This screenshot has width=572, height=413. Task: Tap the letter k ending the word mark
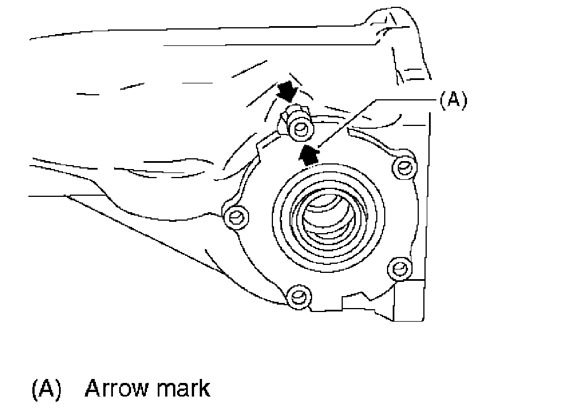pos(204,389)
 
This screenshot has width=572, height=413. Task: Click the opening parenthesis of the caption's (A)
pos(34,390)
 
